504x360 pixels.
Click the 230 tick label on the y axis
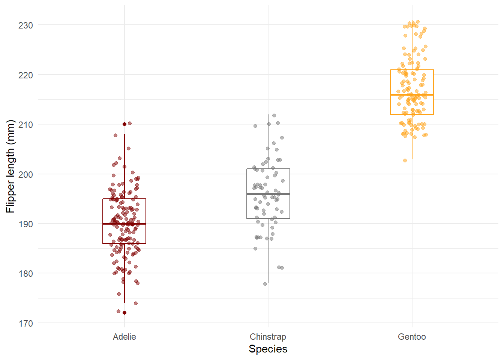[x=25, y=25]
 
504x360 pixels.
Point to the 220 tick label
[x=25, y=75]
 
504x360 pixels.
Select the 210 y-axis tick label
[x=25, y=124]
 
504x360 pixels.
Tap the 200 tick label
[x=25, y=174]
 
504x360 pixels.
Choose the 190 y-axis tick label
[x=25, y=224]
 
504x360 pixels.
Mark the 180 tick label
[x=25, y=273]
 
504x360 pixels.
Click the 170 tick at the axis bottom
[x=25, y=323]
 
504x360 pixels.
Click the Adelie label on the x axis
[x=124, y=337]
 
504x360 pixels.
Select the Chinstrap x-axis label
[x=268, y=337]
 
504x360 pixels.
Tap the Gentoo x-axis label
[x=412, y=337]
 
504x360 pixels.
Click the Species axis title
[x=268, y=349]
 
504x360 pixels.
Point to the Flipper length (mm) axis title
[x=10, y=166]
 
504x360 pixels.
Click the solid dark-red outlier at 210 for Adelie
[x=124, y=124]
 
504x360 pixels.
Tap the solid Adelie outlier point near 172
[x=124, y=313]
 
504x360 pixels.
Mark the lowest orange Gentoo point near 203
[x=405, y=160]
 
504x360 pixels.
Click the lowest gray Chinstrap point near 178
[x=265, y=284]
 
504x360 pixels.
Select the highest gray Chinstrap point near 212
[x=274, y=115]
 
